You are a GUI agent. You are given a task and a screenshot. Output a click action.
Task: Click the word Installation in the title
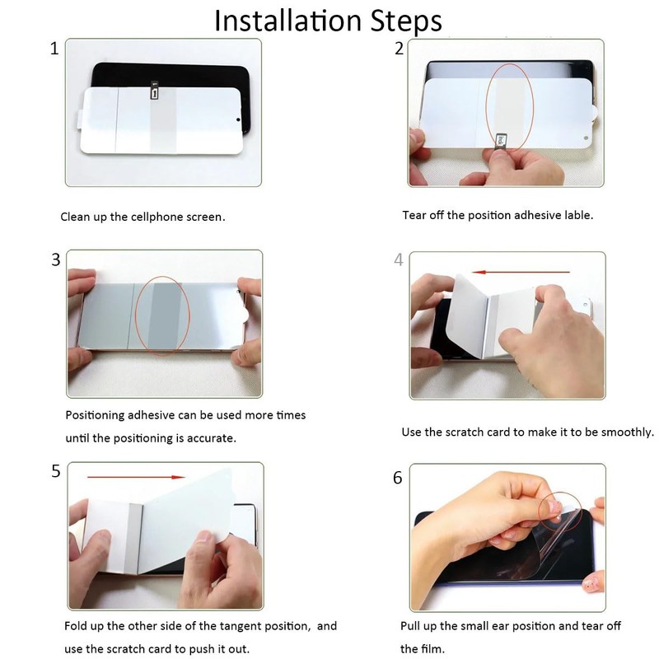coord(287,21)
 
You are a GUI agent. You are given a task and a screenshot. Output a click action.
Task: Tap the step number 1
coord(54,49)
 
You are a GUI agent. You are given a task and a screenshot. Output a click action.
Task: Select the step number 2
coord(399,49)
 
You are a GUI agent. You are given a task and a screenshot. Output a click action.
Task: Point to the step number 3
coord(55,259)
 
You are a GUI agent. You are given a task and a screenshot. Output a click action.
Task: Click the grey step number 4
coord(399,259)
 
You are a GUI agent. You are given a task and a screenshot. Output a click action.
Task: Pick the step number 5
coord(56,471)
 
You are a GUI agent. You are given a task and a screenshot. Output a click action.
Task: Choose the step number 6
coord(398,478)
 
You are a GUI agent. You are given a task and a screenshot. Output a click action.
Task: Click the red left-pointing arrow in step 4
coord(521,272)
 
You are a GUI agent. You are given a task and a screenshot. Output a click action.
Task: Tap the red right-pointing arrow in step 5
coord(136,477)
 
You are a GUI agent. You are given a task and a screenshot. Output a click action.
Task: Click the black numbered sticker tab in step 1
coord(154,91)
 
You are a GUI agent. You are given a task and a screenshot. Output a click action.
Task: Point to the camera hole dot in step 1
coord(238,119)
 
